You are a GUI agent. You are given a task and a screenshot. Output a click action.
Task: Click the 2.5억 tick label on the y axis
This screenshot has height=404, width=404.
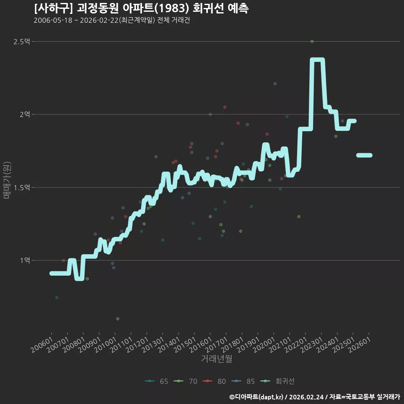pos(21,42)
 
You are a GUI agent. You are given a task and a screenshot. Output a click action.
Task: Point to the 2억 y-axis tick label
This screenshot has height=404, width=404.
pos(25,114)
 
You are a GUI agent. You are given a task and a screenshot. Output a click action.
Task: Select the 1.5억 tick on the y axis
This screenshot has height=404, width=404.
pos(21,188)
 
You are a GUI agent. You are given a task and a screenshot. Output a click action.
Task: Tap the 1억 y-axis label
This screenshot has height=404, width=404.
pos(25,260)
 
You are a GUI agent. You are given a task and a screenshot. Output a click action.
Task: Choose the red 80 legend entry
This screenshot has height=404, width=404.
pos(214,381)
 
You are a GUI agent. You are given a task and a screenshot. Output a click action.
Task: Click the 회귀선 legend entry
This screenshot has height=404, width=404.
pos(277,381)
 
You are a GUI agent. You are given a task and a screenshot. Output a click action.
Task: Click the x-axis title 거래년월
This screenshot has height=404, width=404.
pos(216,359)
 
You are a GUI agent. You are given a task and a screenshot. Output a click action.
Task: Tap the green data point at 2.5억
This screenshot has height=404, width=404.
pos(312,42)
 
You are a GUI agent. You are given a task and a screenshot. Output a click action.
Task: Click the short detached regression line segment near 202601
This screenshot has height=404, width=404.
pos(364,155)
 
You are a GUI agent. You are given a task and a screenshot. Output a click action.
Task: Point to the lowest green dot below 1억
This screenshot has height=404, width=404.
pos(118,319)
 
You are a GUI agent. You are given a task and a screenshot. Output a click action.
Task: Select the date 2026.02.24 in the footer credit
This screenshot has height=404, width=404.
pos(306,397)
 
